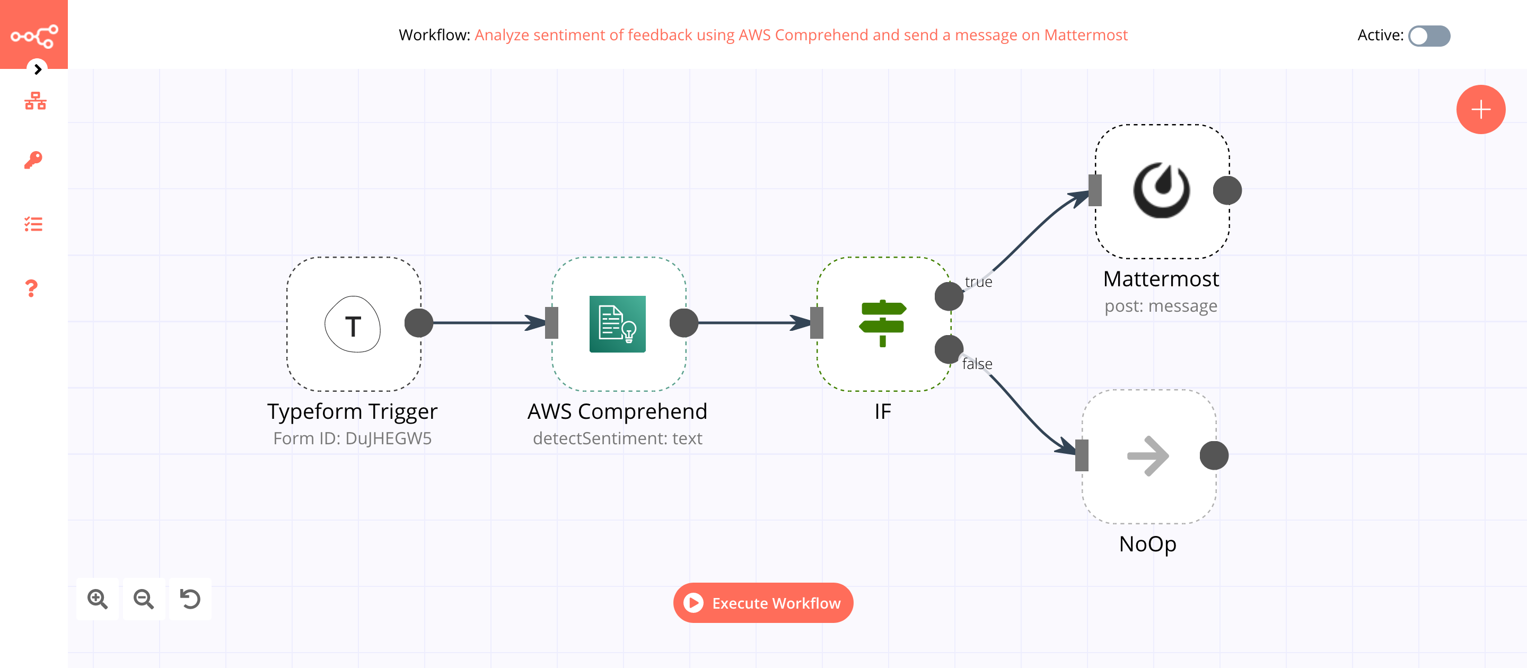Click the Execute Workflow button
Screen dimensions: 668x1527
coord(763,603)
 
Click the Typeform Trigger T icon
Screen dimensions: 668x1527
coord(353,325)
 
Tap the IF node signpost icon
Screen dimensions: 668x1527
coord(882,323)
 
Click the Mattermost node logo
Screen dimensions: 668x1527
coord(1161,190)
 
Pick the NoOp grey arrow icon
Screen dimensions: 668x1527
coord(1147,456)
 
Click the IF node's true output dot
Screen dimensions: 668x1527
coord(949,296)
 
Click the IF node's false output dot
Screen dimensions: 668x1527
coord(949,349)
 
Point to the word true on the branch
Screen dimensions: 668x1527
coord(978,282)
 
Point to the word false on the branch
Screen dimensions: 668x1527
coord(977,364)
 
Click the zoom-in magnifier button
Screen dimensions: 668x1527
coord(97,599)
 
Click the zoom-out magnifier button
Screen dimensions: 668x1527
coord(144,599)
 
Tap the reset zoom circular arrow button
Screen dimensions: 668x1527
coord(190,599)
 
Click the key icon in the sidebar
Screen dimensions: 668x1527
coord(33,160)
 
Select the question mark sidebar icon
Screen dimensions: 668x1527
coord(32,288)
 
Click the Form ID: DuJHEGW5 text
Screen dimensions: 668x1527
coord(352,438)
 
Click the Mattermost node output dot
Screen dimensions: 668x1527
coord(1227,190)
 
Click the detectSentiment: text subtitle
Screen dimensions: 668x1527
coord(617,438)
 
